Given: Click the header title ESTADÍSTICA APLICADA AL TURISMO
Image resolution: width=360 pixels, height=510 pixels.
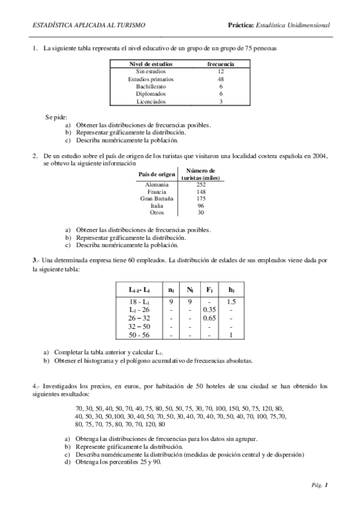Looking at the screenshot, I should click(x=88, y=26).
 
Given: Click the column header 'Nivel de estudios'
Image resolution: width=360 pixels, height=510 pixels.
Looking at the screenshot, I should click(x=151, y=64).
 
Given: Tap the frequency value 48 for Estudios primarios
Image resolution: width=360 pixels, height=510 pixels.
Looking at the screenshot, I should click(x=221, y=79).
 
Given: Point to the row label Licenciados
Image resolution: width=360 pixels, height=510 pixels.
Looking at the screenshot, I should click(x=151, y=102).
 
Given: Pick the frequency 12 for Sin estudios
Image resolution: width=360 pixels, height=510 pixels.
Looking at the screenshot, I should click(x=221, y=71).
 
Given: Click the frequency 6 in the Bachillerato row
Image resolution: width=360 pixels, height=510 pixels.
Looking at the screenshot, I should click(x=221, y=87).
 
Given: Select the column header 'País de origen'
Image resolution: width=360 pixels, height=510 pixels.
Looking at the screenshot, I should click(x=157, y=174).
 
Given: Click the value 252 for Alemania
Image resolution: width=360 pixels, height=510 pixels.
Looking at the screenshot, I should click(x=201, y=185).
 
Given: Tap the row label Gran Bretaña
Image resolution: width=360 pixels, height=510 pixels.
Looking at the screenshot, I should click(x=157, y=198).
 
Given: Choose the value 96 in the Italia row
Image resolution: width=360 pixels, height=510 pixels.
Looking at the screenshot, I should click(x=201, y=206).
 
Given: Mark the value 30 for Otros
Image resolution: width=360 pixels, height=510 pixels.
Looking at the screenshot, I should click(x=201, y=212).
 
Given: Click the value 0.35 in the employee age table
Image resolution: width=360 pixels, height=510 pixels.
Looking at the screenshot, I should click(x=210, y=310).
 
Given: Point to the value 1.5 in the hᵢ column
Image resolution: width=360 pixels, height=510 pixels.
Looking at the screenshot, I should click(x=231, y=301).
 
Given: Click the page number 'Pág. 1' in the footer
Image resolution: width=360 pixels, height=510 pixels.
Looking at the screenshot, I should click(x=319, y=484).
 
